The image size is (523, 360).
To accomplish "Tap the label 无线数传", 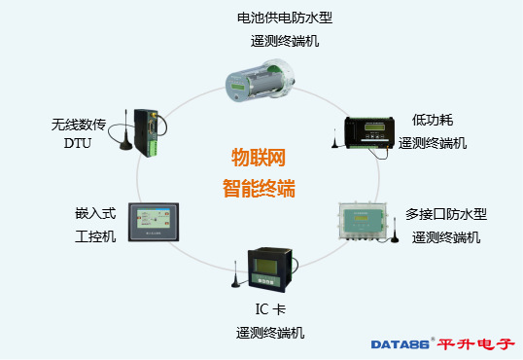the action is [77, 124].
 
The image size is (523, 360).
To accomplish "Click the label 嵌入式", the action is [95, 214].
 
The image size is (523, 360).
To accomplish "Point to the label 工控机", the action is [95, 236].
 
